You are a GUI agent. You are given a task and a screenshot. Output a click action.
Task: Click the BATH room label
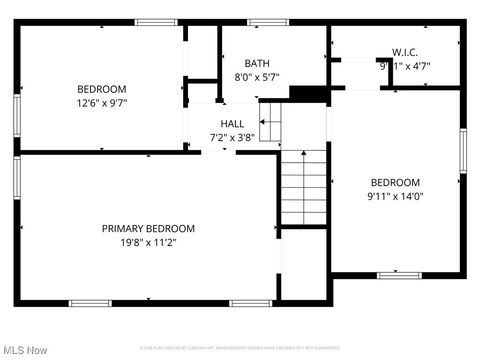[257, 63]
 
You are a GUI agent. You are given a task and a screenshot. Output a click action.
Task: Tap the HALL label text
[232, 124]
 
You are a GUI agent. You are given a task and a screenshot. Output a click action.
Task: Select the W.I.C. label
[405, 52]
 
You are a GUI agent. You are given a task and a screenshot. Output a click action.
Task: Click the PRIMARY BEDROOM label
[148, 228]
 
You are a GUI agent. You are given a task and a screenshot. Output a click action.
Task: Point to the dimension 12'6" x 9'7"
[102, 102]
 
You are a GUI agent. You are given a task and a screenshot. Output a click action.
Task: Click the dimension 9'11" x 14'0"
[396, 196]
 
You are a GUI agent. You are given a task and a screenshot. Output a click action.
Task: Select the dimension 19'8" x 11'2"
[148, 242]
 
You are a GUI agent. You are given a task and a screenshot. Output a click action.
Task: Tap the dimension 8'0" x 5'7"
[257, 77]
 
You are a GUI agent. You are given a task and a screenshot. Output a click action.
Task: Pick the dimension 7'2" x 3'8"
[232, 138]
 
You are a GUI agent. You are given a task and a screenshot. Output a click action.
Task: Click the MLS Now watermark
[26, 350]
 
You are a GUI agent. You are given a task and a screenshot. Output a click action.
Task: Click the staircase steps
[303, 187]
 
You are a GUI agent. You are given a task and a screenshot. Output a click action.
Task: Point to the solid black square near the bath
[308, 93]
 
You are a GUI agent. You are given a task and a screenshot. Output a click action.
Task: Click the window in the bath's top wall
[268, 22]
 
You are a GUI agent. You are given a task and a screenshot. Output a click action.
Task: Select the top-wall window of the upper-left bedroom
[156, 22]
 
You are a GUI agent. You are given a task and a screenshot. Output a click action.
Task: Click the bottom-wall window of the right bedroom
[399, 275]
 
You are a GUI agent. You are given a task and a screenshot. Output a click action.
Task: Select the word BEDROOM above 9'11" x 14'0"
[396, 182]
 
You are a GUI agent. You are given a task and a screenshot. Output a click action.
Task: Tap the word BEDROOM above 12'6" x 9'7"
[102, 89]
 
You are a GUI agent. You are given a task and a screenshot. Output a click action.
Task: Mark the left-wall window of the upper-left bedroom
[17, 112]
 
